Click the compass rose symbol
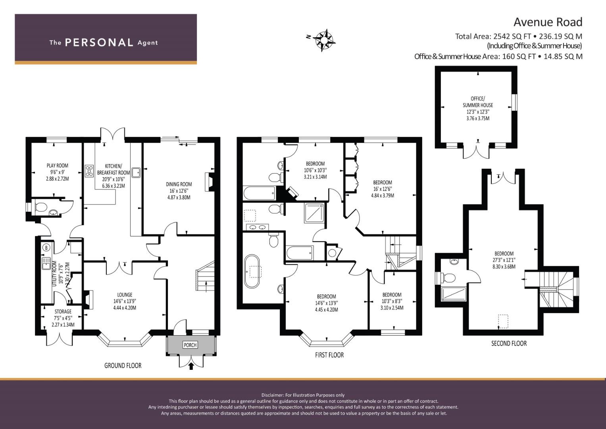point(324,40)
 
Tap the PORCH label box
point(190,345)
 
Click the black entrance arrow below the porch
point(191,366)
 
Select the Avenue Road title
point(548,22)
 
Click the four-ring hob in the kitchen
point(89,171)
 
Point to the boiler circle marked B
point(46,247)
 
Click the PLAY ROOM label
point(58,166)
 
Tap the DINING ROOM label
point(179,184)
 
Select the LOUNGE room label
point(125,295)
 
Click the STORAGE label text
point(63,311)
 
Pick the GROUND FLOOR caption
point(123,365)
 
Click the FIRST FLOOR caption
point(329,355)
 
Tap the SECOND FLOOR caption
point(509,344)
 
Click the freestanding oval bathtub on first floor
point(252,271)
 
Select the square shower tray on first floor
point(314,213)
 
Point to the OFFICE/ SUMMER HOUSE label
point(478,102)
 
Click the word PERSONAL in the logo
point(99,43)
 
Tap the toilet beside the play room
point(40,207)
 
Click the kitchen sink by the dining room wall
point(136,172)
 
